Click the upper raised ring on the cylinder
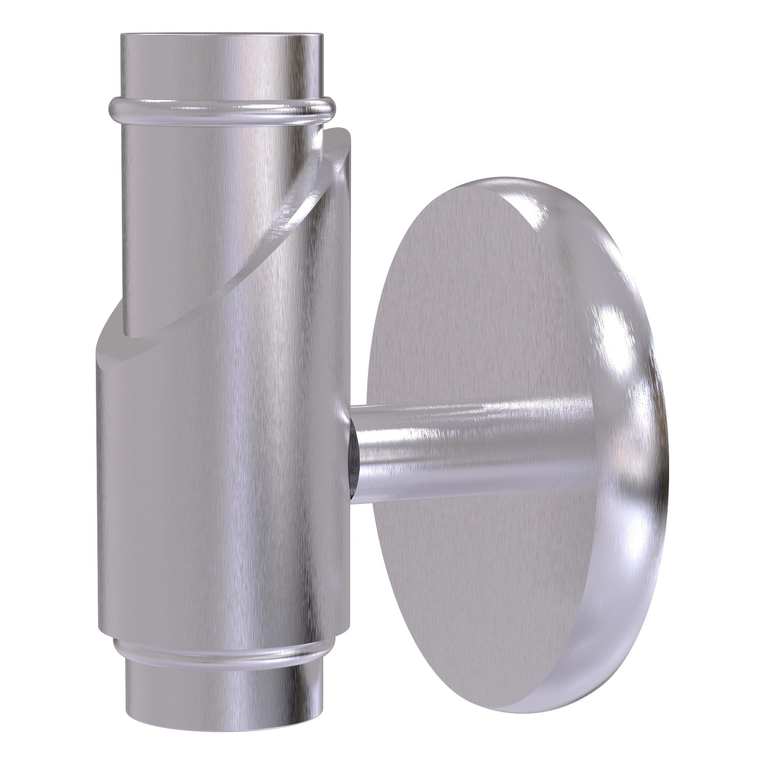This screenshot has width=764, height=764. pos(222,112)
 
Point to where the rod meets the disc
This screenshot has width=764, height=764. pos(589,455)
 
